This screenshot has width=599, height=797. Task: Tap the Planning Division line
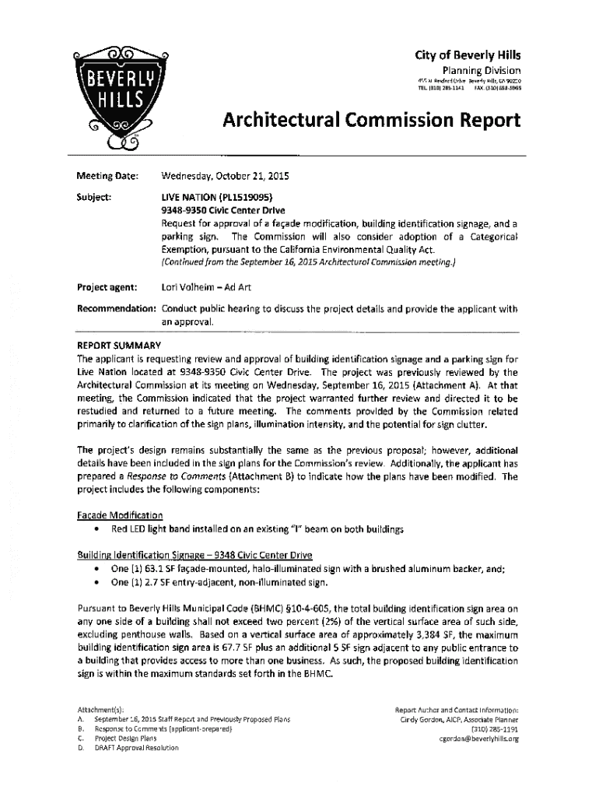click(x=482, y=70)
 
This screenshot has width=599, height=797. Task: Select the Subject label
click(x=96, y=196)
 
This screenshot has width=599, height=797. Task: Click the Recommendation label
click(x=116, y=309)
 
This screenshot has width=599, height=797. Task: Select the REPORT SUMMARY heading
click(x=118, y=346)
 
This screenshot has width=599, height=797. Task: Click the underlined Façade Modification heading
click(x=119, y=515)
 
